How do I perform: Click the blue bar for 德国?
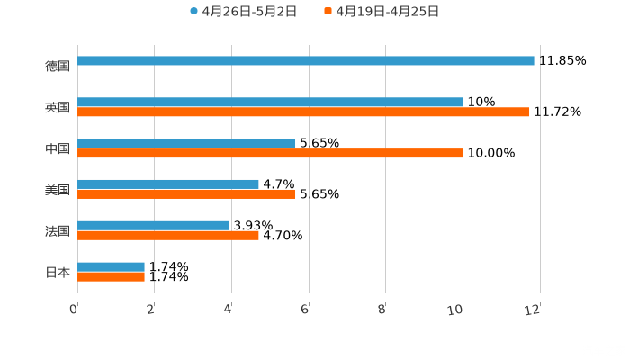(x=306, y=61)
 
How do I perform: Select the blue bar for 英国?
(x=270, y=103)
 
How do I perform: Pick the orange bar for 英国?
(x=303, y=112)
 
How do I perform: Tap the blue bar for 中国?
(x=186, y=144)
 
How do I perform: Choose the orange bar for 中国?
(x=270, y=154)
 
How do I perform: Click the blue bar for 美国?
(x=168, y=184)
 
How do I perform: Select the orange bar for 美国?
(x=186, y=194)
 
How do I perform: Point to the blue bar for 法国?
(x=153, y=226)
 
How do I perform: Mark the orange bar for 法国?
(x=168, y=236)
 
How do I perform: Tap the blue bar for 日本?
(x=111, y=267)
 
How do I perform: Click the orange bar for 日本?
(x=111, y=277)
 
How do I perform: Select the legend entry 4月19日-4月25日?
(x=388, y=12)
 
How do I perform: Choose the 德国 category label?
(x=58, y=67)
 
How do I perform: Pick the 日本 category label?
(x=58, y=272)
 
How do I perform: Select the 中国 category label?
(x=58, y=149)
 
